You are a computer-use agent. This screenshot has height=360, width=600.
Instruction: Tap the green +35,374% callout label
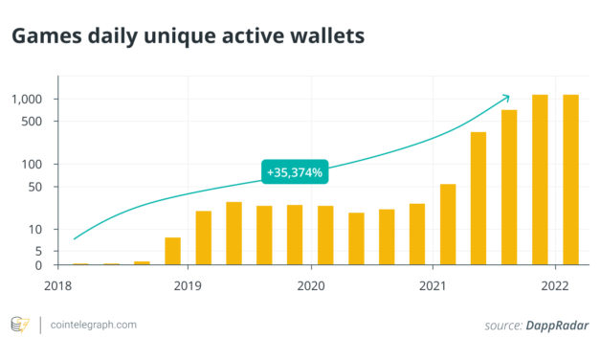[x=295, y=172]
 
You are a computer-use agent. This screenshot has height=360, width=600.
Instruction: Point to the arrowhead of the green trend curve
[x=507, y=96]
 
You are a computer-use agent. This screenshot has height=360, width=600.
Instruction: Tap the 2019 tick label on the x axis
[x=189, y=285]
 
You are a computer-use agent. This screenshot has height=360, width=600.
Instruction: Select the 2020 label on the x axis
[x=311, y=285]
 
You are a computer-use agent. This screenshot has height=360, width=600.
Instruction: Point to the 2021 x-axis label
[x=433, y=285]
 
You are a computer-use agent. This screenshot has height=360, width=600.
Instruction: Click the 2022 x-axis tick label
[x=556, y=285]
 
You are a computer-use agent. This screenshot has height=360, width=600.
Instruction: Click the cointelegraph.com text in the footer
[x=94, y=325]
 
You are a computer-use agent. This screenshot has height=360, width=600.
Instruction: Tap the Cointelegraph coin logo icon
[x=19, y=325]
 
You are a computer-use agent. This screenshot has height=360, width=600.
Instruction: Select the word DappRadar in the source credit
[x=559, y=326]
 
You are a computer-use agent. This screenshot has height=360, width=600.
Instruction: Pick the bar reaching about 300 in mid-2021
[x=478, y=198]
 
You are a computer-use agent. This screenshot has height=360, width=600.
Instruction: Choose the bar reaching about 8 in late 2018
[x=173, y=251]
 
